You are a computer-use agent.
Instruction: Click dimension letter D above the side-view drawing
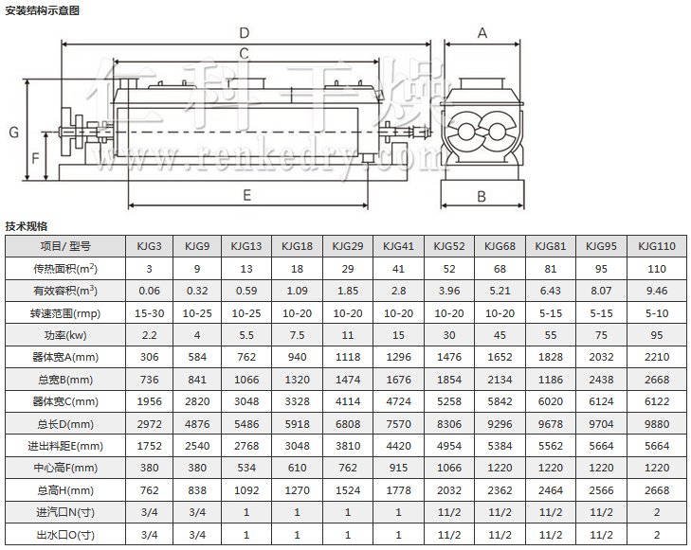coord(245,33)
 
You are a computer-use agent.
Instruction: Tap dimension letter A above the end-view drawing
coord(482,33)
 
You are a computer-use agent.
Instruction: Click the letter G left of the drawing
coord(13,133)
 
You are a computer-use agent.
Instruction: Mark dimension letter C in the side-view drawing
coord(244,53)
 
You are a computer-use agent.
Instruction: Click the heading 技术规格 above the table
coord(27,226)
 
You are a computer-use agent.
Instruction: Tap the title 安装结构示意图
coord(42,10)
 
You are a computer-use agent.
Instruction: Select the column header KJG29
coord(347,246)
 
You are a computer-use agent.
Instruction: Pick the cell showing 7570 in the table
coord(397,423)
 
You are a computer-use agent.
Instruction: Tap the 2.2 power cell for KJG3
coord(149,335)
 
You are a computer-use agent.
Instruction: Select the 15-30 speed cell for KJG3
coord(149,313)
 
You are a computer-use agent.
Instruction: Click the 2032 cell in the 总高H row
coord(448,489)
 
